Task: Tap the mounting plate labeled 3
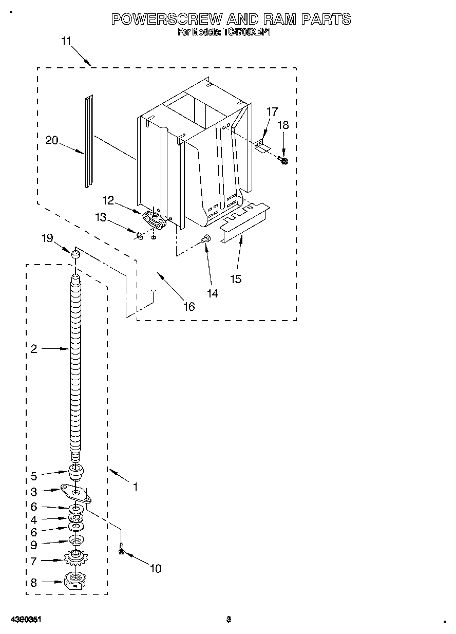(x=76, y=492)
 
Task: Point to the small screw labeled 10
(x=122, y=549)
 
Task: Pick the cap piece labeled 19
(x=75, y=254)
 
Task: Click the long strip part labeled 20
(x=89, y=141)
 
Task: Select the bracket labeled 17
(x=262, y=145)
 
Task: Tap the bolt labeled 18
(x=284, y=161)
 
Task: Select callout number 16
(x=189, y=306)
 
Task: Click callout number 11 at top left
(x=66, y=42)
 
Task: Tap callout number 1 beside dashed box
(x=135, y=486)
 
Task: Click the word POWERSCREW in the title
(x=167, y=20)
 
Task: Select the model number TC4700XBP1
(x=246, y=32)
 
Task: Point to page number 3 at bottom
(x=229, y=620)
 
